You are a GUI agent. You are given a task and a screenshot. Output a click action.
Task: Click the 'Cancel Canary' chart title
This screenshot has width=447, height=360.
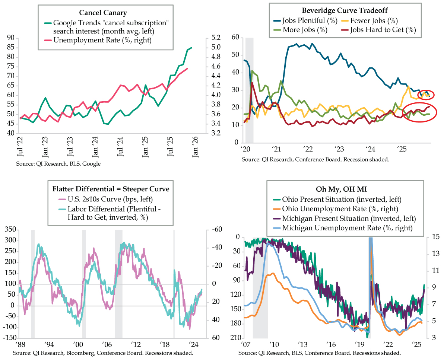click(x=105, y=13)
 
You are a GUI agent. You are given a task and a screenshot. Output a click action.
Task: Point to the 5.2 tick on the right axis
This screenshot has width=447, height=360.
click(x=216, y=38)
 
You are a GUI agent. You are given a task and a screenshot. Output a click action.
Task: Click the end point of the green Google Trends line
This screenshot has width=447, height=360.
click(x=191, y=48)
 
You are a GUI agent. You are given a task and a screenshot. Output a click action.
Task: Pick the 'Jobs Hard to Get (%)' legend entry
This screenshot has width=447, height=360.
click(x=383, y=30)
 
